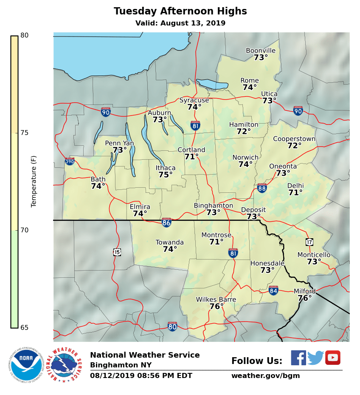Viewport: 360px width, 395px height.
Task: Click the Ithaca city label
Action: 165,168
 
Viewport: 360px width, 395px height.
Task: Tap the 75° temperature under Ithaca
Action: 166,175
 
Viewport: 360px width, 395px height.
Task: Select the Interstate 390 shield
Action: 70,161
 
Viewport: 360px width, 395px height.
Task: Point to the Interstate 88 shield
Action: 262,188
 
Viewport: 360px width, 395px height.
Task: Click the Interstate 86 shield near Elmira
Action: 166,222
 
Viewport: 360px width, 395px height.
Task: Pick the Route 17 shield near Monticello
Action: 309,242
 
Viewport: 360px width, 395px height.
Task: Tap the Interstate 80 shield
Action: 172,326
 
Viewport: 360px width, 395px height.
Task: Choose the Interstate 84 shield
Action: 273,291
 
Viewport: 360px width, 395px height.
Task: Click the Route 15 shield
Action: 117,252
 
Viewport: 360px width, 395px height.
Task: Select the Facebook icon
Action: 298,358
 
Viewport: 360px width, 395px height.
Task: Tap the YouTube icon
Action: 333,358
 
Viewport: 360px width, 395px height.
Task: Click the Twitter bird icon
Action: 315,358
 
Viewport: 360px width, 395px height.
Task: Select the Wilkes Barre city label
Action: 216,299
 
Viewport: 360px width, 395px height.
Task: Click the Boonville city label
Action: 261,51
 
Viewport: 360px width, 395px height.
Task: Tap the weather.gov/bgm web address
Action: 265,375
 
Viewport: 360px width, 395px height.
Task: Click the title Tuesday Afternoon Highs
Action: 180,11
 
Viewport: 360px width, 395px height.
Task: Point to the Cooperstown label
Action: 294,139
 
